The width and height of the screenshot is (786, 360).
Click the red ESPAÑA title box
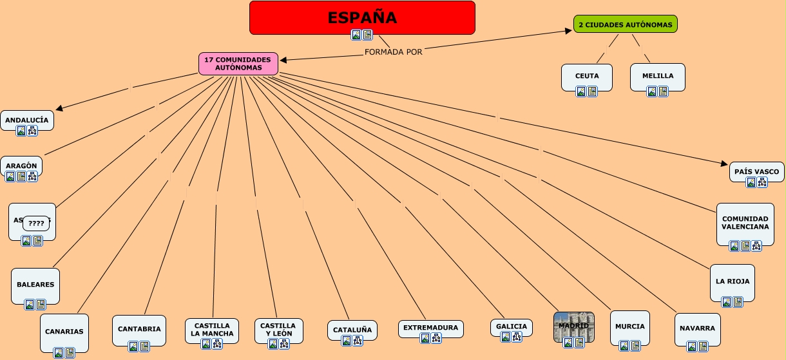click(x=362, y=17)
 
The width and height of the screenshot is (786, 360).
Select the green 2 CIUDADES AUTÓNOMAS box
click(x=625, y=24)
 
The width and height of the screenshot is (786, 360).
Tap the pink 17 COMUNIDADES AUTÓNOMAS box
click(x=238, y=63)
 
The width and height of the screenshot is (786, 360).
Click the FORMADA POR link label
click(x=393, y=52)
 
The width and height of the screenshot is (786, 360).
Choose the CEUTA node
click(x=587, y=76)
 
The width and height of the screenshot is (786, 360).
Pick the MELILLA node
click(x=657, y=76)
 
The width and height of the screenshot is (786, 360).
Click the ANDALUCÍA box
click(x=27, y=120)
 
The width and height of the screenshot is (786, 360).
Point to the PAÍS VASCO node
click(x=756, y=171)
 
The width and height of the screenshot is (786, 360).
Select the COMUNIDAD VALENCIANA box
click(x=745, y=223)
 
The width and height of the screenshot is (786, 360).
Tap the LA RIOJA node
click(x=733, y=281)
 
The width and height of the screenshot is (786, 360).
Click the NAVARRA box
click(x=697, y=328)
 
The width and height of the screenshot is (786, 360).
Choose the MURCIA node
click(x=629, y=327)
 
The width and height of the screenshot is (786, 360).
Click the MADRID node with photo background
click(x=573, y=326)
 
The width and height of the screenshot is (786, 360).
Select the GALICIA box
click(x=512, y=327)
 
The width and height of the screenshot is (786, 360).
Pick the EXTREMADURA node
click(x=430, y=328)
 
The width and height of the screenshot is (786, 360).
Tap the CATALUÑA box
click(x=352, y=330)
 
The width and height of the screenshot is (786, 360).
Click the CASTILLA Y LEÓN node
click(x=279, y=330)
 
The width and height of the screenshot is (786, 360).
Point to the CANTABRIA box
click(x=139, y=329)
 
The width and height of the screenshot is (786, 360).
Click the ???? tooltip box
click(x=36, y=224)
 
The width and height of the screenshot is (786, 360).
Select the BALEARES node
click(x=35, y=284)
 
